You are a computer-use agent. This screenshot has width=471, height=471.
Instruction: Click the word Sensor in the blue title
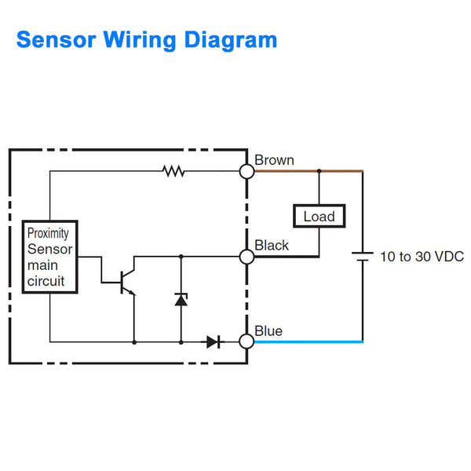pos(55,39)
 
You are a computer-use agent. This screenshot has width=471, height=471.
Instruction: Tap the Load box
pos(319,216)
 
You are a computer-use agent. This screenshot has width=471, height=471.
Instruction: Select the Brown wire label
pos(274,160)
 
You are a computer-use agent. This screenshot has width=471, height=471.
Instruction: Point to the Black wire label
pos(272,246)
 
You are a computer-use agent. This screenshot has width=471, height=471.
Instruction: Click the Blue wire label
pos(268,331)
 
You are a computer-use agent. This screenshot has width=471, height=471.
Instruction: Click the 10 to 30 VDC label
pos(422,257)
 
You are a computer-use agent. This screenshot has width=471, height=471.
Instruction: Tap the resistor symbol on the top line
pos(173,170)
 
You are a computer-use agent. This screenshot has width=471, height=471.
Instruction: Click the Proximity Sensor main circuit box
pos(49,257)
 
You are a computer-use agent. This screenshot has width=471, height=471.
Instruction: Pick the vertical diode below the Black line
pos(181,299)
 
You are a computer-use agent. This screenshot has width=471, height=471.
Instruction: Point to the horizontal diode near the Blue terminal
pos(214,341)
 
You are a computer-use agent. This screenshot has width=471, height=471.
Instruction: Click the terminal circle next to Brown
pos(246,170)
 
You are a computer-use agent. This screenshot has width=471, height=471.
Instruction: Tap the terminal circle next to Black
pos(246,256)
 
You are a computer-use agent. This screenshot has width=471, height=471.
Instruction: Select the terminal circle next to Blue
pos(246,341)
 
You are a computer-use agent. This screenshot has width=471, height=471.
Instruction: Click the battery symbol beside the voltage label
pos(363,257)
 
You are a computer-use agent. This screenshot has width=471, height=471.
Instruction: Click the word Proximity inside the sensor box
pos(48,233)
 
